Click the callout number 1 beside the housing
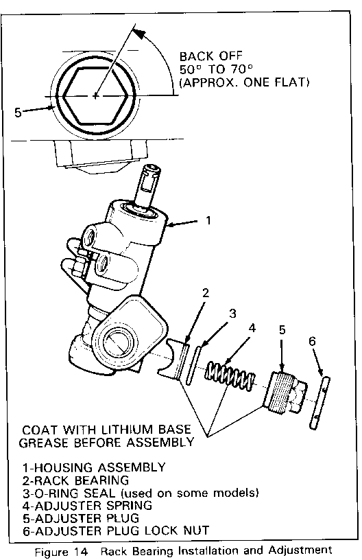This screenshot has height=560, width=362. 208,220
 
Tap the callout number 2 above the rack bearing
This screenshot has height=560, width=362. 206,293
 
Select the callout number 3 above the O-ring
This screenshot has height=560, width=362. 232,313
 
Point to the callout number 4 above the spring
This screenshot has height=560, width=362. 252,327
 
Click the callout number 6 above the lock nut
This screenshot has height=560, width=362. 312,342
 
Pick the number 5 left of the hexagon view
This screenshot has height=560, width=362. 18,113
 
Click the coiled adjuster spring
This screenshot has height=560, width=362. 230,377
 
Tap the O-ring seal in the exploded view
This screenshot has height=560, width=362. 193,364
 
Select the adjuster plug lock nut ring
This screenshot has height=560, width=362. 319,402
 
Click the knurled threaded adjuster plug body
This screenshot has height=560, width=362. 279,393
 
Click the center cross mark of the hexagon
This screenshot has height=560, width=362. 95,96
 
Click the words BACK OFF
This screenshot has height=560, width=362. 210,56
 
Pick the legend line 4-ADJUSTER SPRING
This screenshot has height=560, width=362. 87,505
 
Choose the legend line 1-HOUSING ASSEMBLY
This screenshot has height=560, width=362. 94,467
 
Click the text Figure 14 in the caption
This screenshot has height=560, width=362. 61,552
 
